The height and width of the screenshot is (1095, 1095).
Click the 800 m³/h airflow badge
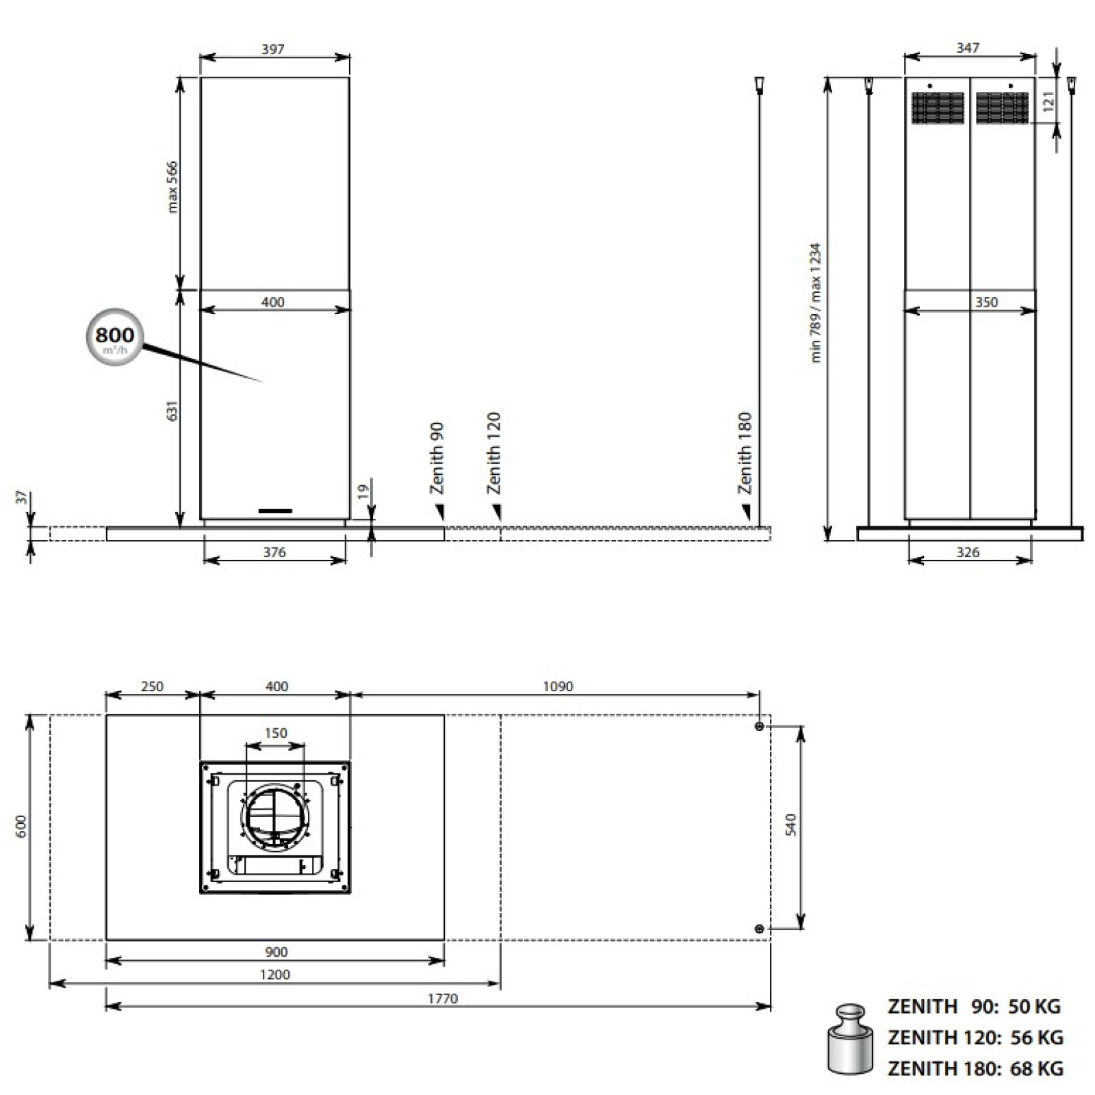click(114, 337)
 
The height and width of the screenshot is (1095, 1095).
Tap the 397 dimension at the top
click(272, 49)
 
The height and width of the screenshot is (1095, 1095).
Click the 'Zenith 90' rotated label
click(437, 457)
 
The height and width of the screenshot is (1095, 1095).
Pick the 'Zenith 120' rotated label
click(493, 452)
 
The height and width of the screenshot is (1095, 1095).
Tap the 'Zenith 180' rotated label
click(745, 452)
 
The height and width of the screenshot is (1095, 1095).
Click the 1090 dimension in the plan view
click(558, 686)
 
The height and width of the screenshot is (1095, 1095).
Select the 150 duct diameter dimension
click(275, 733)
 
